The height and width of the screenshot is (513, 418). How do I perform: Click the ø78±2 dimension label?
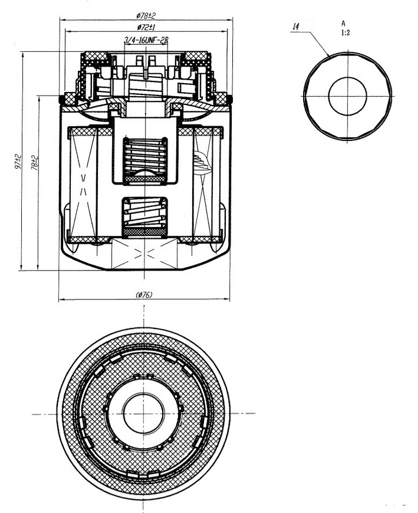146,15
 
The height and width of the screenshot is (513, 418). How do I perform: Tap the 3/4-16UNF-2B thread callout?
146,41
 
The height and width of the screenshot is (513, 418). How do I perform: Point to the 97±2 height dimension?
18,161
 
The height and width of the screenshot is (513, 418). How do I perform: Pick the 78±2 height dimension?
34,163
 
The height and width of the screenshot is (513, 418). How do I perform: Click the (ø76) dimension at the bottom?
144,295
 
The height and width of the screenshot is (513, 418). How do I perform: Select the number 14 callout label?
296,27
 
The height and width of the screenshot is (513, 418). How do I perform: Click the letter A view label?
343,24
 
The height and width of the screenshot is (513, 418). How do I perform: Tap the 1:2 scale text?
345,32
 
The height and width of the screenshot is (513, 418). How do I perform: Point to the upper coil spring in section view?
144,156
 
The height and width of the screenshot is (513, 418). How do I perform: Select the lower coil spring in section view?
144,213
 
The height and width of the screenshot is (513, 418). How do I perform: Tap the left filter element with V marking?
83,185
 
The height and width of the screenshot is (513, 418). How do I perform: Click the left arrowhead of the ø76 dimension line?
61,299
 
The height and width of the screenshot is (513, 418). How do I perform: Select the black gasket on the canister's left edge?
61,100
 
